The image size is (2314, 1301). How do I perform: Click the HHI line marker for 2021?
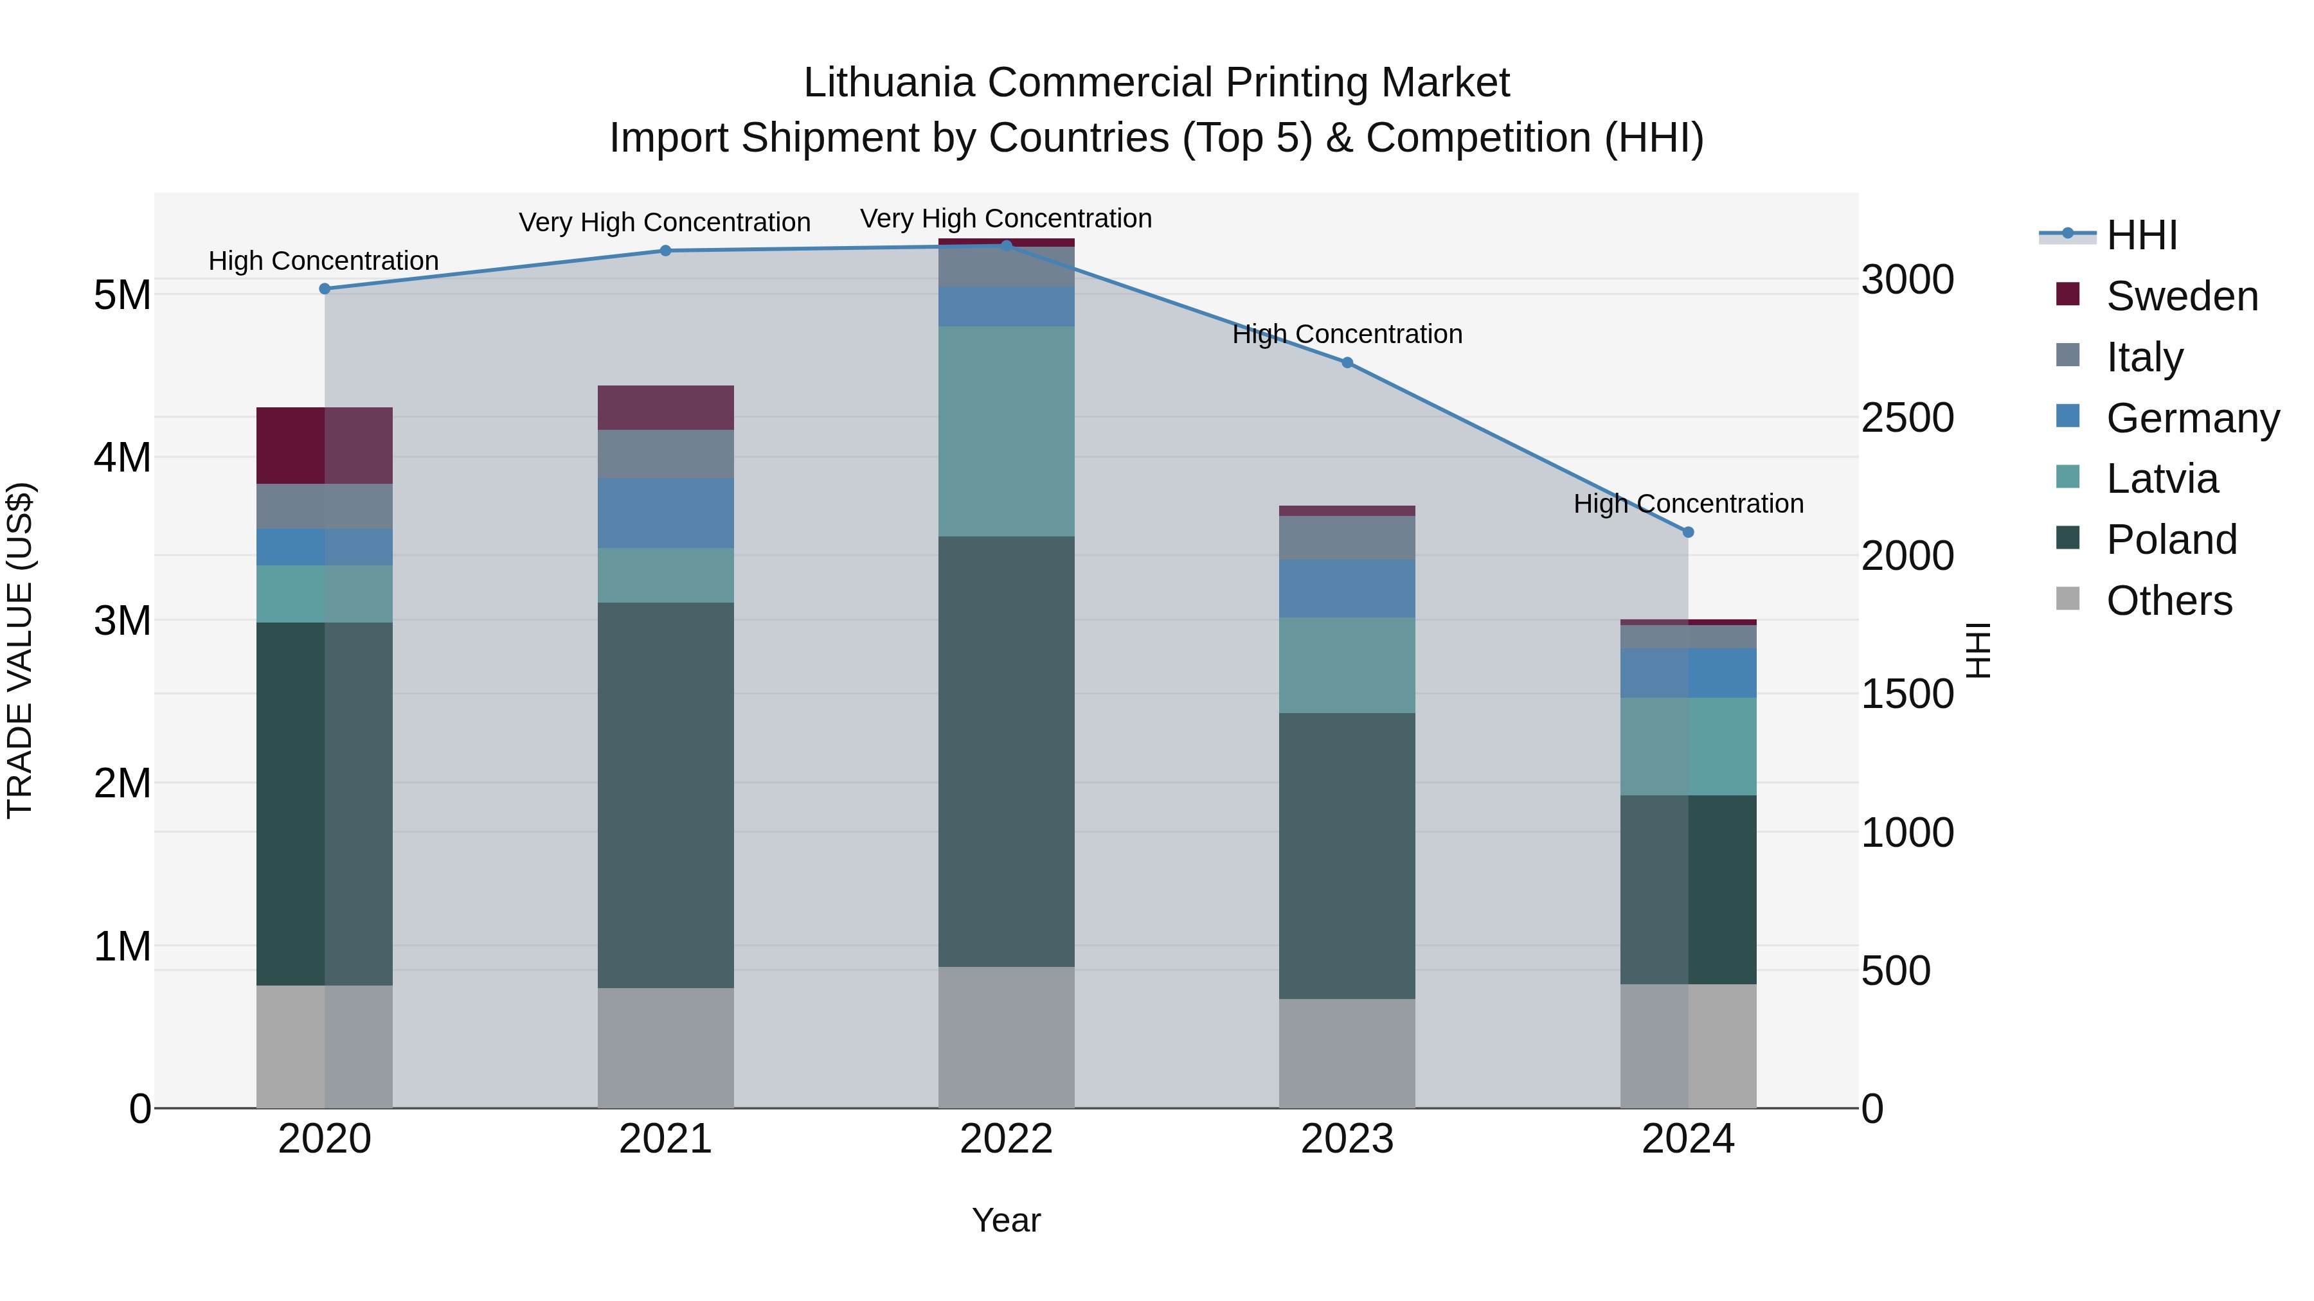coord(666,251)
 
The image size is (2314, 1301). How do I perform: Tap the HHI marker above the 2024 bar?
coord(1688,533)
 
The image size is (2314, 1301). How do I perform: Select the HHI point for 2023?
coord(1347,363)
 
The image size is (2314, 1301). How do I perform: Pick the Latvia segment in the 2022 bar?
coord(1006,431)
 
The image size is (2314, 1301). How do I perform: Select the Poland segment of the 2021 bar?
coord(666,795)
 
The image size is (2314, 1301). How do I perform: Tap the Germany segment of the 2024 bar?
coord(1688,673)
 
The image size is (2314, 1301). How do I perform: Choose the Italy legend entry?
coord(2144,357)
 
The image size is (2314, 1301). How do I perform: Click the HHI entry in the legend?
coord(2142,235)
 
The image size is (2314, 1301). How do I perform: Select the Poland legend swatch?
coord(2068,539)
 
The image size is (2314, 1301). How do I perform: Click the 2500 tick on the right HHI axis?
coord(1906,418)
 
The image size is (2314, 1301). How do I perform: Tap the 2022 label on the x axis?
coord(1006,1139)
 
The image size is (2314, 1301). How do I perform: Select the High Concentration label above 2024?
coord(1688,504)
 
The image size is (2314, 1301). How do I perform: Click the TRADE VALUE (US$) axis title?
coord(21,650)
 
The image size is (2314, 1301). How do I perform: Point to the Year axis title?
coord(1006,1220)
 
